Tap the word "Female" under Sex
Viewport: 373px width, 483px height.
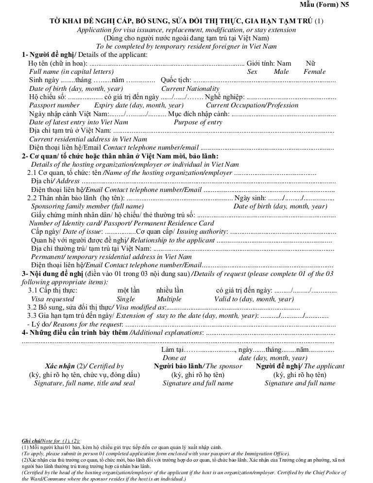coord(314,71)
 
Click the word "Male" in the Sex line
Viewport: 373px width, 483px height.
coord(281,71)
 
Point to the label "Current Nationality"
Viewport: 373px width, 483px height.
coord(190,88)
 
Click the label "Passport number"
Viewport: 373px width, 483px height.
coord(54,105)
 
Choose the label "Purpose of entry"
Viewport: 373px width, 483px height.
coord(198,122)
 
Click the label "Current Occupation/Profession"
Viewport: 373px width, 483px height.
coord(252,105)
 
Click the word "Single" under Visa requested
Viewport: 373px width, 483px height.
coord(126,299)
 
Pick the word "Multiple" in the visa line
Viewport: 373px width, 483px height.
coord(169,299)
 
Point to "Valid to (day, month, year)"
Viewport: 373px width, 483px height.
coord(254,299)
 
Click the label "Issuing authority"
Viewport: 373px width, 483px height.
coord(202,232)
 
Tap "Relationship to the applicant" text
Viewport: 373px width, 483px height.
coord(172,240)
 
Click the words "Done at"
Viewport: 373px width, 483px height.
coord(174,358)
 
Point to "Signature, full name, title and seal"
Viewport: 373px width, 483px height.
coord(85,383)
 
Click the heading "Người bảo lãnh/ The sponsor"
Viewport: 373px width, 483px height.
coord(198,366)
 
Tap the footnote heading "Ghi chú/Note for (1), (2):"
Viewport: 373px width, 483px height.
coord(51,440)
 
